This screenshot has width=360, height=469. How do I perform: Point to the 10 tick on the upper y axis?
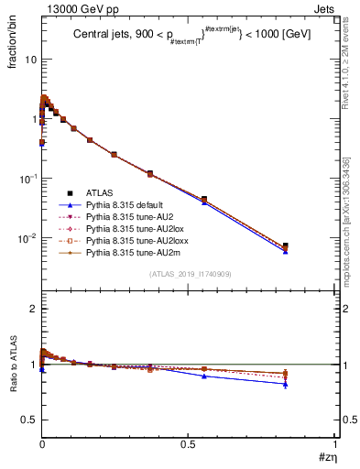(30, 60)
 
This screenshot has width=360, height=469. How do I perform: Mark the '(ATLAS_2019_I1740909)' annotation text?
(190, 274)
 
